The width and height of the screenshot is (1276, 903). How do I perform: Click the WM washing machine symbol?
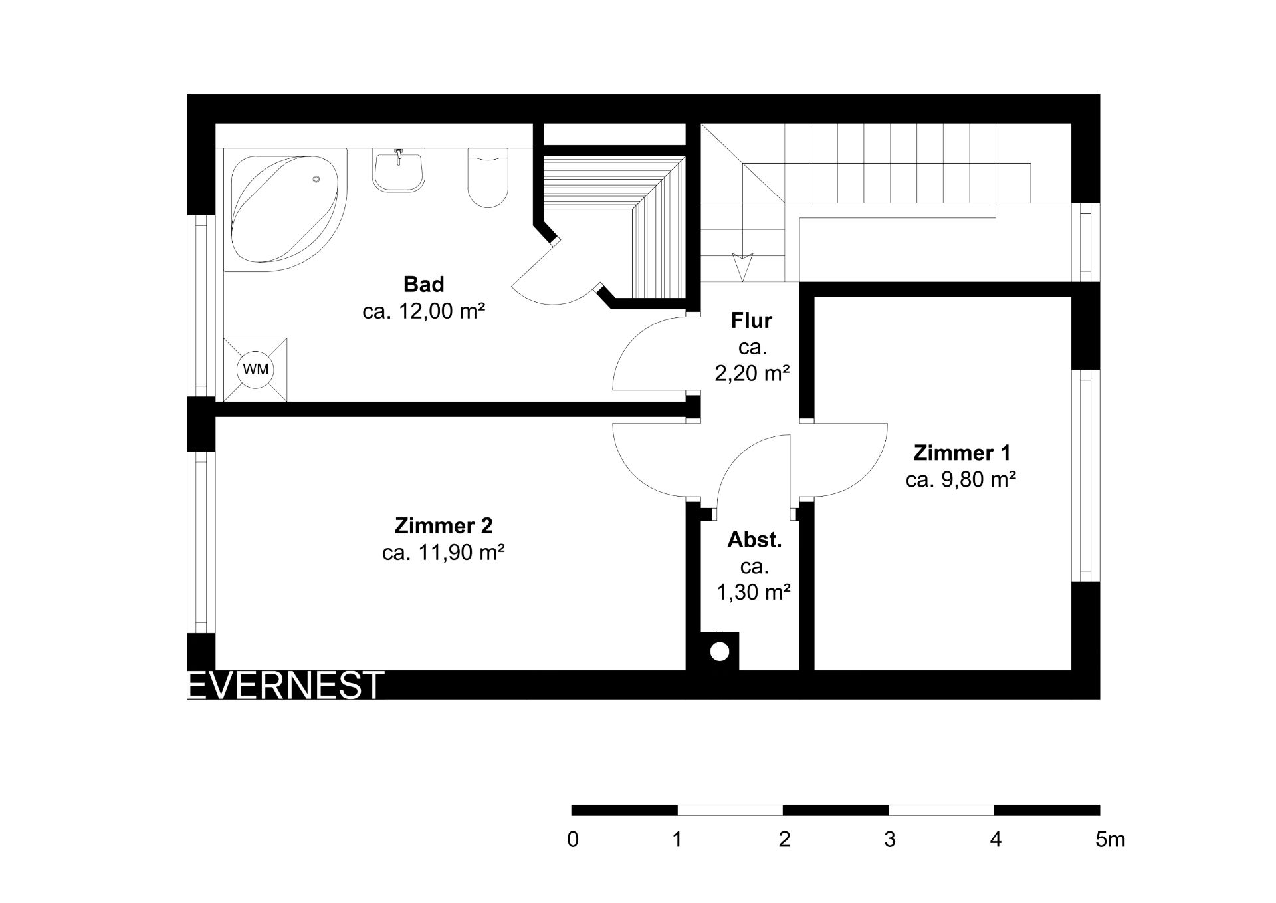[x=256, y=369]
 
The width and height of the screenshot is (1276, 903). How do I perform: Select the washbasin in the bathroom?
[x=399, y=171]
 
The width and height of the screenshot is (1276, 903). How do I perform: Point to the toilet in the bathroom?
[x=488, y=178]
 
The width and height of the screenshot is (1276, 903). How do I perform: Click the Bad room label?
[x=423, y=285]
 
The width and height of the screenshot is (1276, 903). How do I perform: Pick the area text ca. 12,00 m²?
[x=423, y=311]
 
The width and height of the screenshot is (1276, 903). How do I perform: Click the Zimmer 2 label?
[x=443, y=525]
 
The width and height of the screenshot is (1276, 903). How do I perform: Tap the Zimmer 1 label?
[x=962, y=453]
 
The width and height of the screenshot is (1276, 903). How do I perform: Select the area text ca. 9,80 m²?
[x=961, y=479]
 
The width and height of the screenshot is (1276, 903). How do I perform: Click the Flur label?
[x=752, y=321]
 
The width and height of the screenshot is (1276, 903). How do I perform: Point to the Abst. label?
[x=754, y=540]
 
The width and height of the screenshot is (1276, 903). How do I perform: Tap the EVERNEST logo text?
[x=286, y=685]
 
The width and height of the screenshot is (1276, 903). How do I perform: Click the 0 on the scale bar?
[x=573, y=840]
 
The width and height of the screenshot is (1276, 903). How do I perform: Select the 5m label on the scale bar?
[x=1111, y=840]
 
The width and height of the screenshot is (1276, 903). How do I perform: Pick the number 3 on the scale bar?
[x=890, y=840]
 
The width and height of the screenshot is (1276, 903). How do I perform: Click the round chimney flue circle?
[x=719, y=652]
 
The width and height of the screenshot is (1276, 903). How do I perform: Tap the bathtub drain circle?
[x=316, y=179]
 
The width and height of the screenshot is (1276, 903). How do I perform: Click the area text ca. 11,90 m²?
[x=443, y=552]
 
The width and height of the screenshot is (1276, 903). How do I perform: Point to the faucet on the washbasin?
[x=399, y=156]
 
